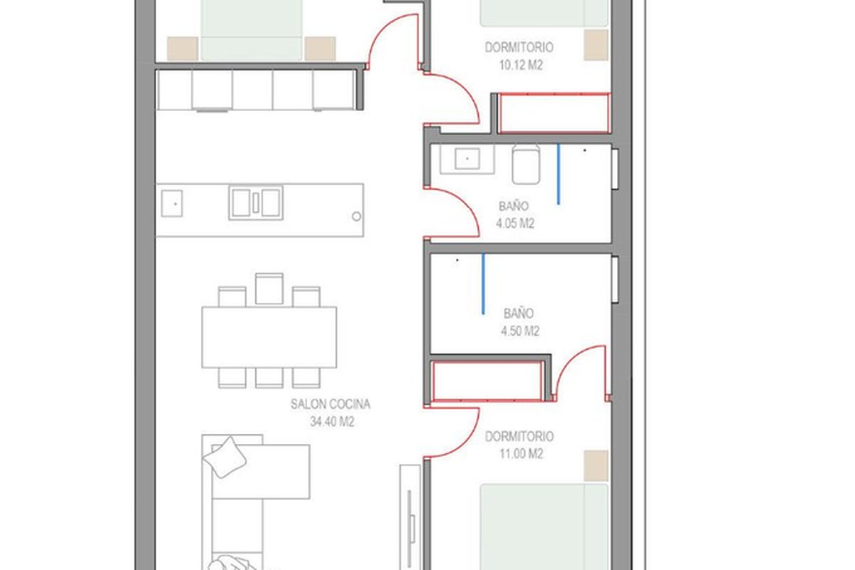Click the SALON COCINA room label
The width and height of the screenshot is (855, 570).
click(x=330, y=404)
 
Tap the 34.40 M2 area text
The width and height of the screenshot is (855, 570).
click(x=332, y=422)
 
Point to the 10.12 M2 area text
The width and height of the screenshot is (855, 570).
click(x=521, y=65)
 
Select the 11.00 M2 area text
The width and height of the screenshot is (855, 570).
click(x=521, y=454)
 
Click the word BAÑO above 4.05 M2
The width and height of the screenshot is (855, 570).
click(x=514, y=206)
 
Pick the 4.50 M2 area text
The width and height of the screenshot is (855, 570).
click(x=520, y=331)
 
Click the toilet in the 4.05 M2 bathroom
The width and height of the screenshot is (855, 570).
click(x=526, y=164)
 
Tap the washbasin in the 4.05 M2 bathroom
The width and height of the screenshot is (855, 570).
click(x=467, y=159)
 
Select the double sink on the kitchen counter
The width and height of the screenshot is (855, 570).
click(x=256, y=202)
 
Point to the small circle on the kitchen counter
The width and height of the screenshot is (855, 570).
click(x=356, y=217)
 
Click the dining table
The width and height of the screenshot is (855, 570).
click(x=269, y=337)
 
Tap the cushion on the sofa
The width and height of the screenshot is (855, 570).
click(x=224, y=457)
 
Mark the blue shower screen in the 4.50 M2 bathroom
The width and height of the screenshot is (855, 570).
click(x=483, y=284)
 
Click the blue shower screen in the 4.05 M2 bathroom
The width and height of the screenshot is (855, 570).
click(x=559, y=174)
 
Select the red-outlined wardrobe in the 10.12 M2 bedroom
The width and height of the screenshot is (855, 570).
click(x=554, y=113)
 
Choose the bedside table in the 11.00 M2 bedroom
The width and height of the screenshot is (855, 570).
click(x=596, y=465)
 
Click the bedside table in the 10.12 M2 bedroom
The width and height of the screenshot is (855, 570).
click(x=596, y=45)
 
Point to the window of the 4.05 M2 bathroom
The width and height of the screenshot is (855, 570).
click(x=615, y=169)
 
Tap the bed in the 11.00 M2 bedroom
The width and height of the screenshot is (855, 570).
click(x=544, y=527)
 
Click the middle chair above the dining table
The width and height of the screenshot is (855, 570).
click(x=269, y=289)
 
